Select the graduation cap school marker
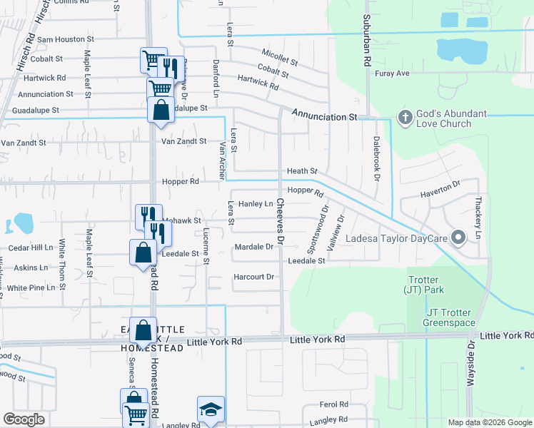point(211,410)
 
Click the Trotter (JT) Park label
point(425,285)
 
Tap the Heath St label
point(301,171)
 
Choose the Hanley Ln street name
point(256,204)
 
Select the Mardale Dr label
point(254,247)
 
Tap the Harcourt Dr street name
point(254,277)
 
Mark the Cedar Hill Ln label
point(31,248)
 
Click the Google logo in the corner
point(24,419)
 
